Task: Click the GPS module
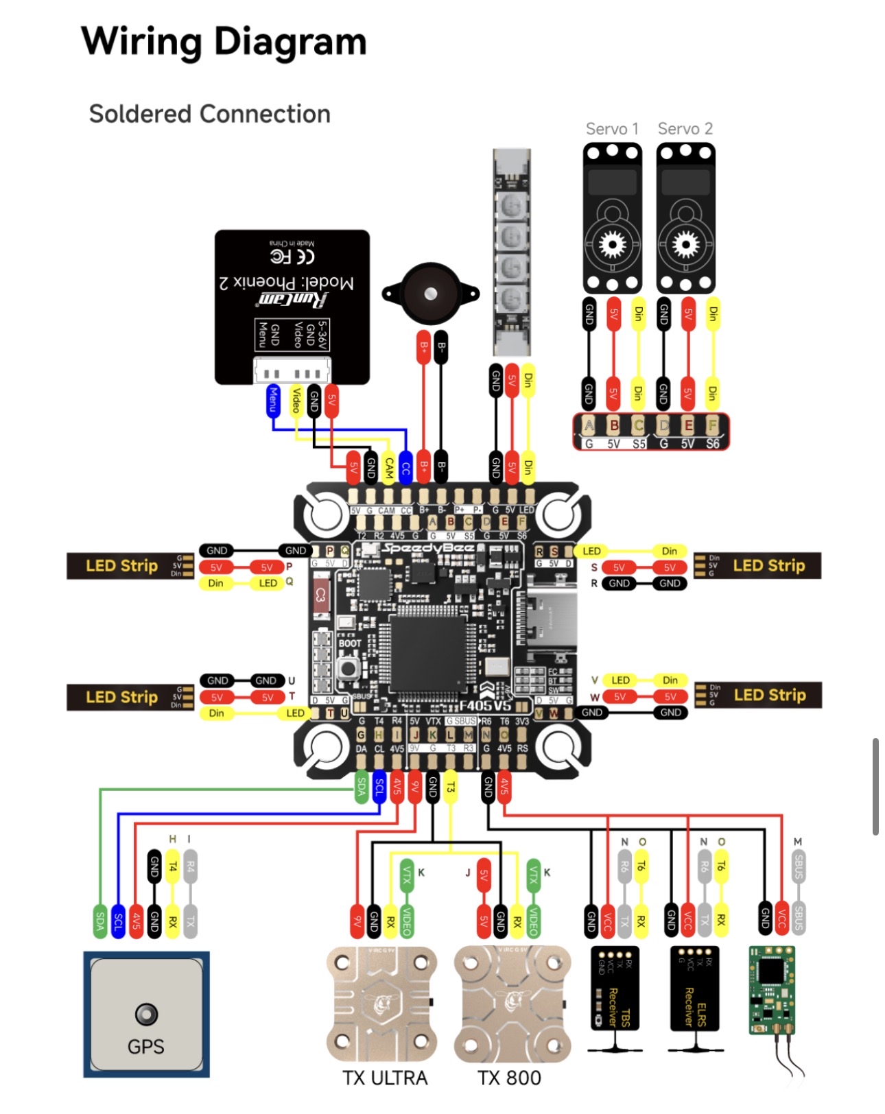[x=146, y=1014]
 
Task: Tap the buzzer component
[x=430, y=294]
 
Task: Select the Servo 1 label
[x=612, y=129]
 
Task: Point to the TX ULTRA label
[x=385, y=1078]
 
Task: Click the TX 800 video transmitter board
[x=512, y=1004]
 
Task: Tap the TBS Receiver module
[x=615, y=988]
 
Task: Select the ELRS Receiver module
[x=694, y=988]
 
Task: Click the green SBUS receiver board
[x=772, y=990]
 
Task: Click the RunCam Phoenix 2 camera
[x=292, y=307]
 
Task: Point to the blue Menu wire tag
[x=273, y=401]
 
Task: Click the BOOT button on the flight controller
[x=349, y=668]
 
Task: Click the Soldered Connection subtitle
[x=210, y=114]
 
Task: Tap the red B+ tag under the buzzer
[x=424, y=347]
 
